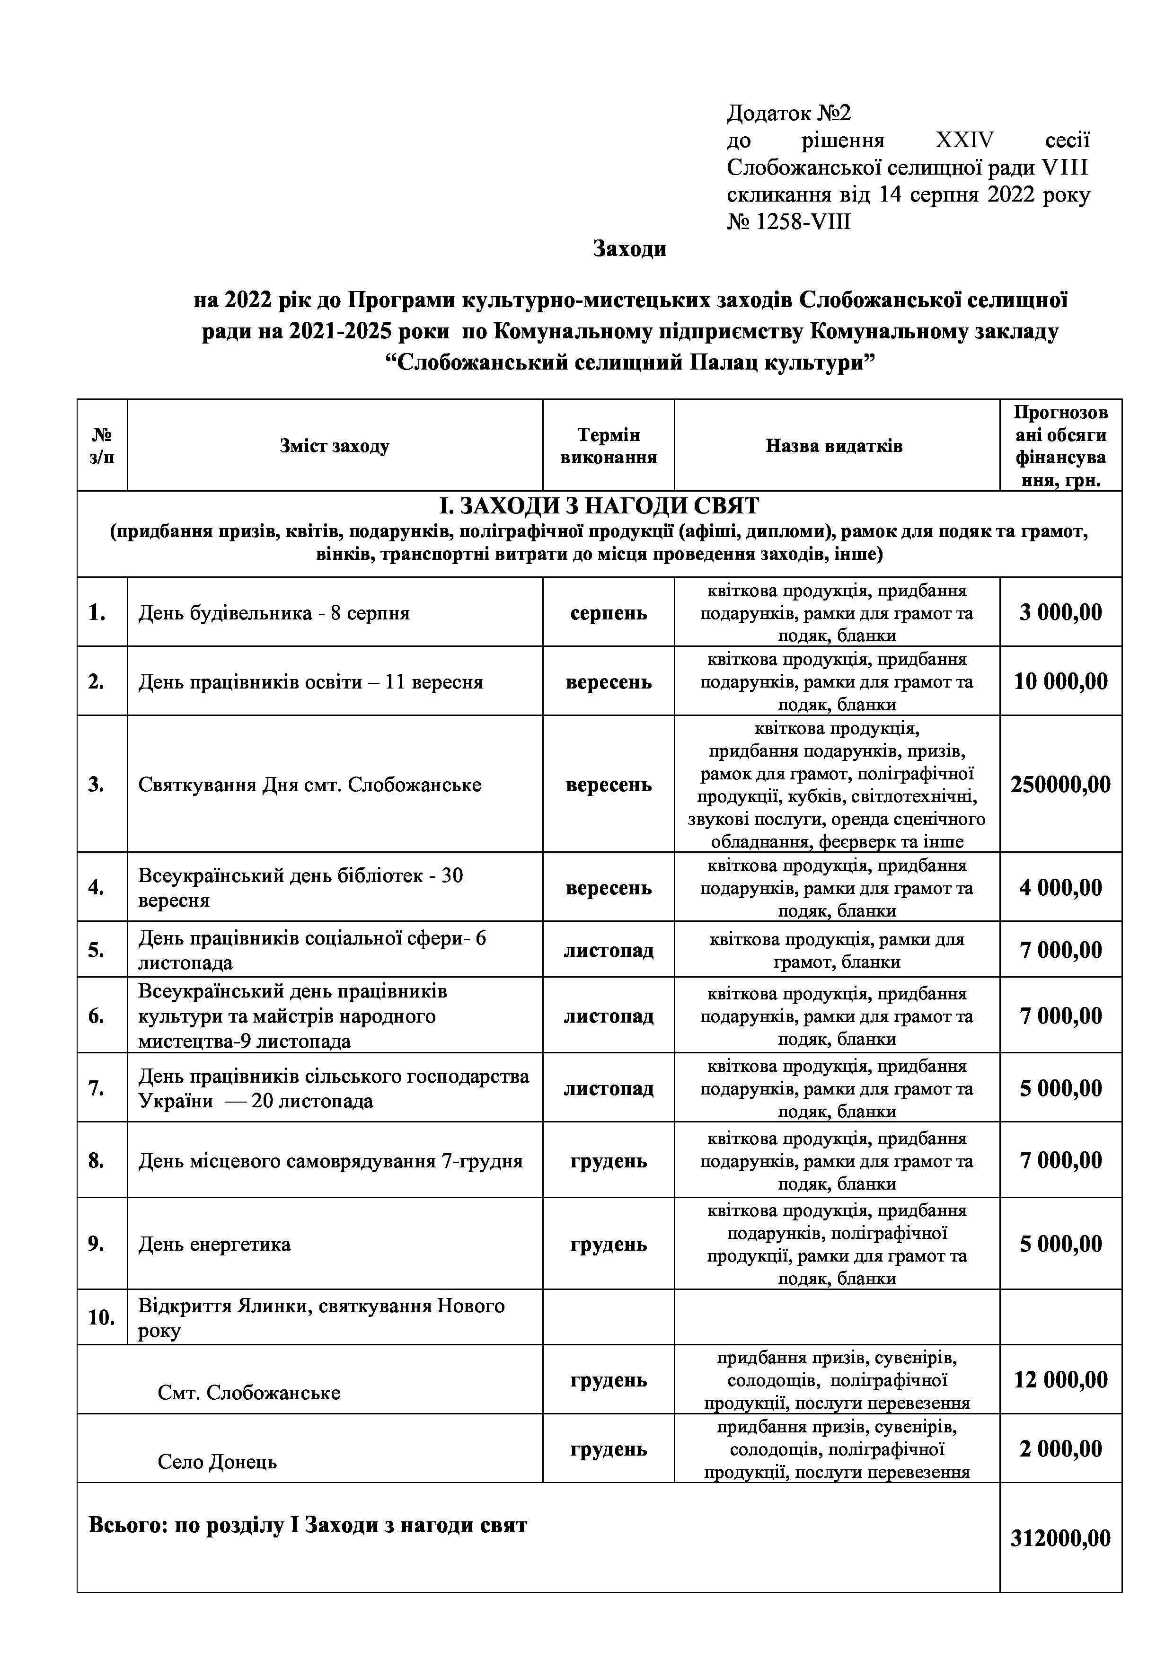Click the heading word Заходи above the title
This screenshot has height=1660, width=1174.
tap(630, 249)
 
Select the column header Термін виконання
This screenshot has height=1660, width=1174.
tap(609, 446)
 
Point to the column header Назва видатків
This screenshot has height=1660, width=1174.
tap(834, 446)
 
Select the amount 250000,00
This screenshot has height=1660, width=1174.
tap(1060, 785)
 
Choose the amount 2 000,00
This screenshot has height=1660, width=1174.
tap(1060, 1449)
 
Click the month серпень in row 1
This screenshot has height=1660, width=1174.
tap(609, 613)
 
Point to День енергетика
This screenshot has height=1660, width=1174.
tap(215, 1244)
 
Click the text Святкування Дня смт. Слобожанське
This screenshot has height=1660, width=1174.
tap(309, 785)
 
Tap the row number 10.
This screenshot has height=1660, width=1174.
tap(101, 1317)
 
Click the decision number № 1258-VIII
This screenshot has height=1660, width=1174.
tap(789, 222)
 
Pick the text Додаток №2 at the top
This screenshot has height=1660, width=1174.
tap(789, 114)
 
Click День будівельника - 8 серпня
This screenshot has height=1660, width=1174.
tap(274, 614)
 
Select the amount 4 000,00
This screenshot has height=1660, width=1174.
tap(1060, 888)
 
